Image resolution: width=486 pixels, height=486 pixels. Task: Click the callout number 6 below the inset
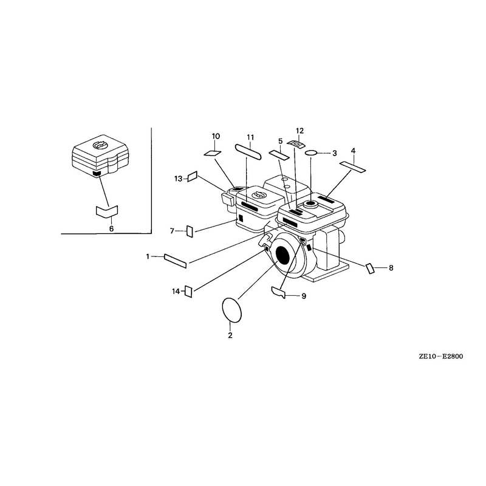(111, 229)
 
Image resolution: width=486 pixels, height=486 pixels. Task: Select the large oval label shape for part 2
(232, 310)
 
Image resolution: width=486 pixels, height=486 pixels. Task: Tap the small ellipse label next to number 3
(311, 153)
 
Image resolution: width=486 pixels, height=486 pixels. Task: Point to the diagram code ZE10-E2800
(441, 356)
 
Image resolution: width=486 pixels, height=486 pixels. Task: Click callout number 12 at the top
(299, 131)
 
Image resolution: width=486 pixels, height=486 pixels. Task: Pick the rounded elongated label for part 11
(249, 152)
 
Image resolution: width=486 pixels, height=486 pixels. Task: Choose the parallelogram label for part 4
(353, 166)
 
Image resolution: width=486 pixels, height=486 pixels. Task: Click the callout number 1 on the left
(148, 256)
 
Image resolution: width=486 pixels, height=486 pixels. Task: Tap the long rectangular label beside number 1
(176, 261)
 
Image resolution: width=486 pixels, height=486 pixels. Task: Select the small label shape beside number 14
(188, 292)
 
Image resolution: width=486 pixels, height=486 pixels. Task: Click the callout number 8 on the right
(391, 267)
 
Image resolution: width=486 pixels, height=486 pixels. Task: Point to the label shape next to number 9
(278, 292)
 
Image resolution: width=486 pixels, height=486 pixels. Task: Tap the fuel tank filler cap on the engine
(310, 204)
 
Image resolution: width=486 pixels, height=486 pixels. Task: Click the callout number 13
(178, 179)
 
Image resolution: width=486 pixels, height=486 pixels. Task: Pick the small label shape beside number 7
(190, 231)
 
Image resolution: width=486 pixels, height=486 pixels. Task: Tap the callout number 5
(281, 142)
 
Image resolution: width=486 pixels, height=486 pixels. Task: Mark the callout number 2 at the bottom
(230, 335)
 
